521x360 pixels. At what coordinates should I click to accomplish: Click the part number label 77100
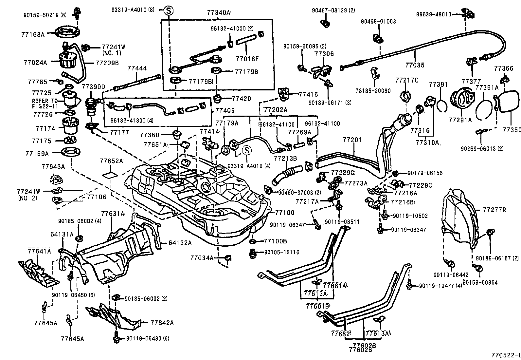coord(285,213)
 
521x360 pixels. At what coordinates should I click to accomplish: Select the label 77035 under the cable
coord(414,65)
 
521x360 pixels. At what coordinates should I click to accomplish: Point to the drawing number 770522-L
coord(505,355)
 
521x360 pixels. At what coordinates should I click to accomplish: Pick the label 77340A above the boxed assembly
coord(219,13)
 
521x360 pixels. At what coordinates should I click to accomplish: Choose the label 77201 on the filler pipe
coord(352,140)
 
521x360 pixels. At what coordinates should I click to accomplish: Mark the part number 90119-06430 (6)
coord(148,338)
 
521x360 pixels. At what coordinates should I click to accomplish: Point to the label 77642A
coord(162,323)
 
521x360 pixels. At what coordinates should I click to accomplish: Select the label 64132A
coord(180,243)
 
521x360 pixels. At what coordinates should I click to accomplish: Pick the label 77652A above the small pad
coord(112,161)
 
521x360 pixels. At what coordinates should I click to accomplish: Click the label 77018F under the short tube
coord(247,59)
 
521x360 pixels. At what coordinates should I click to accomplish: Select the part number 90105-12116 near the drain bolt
coord(281,253)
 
